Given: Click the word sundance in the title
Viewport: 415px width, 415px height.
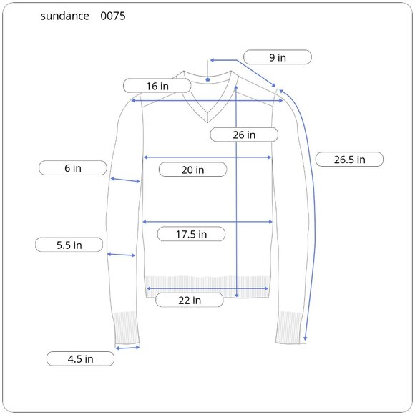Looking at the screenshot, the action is coord(64,16).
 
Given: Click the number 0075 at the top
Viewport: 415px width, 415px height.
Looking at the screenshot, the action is coord(113,16).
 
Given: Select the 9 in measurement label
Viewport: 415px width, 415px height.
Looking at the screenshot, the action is coord(278,57).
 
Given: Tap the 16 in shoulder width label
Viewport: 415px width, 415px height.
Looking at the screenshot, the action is coord(157,86).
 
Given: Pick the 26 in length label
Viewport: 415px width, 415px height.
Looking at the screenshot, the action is coord(244,135).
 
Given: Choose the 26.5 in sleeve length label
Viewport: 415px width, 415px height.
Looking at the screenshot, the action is coord(349,160).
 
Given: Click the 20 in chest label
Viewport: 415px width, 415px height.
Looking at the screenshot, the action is coord(192,170).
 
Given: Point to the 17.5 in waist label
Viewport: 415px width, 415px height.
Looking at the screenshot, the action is coord(191,234).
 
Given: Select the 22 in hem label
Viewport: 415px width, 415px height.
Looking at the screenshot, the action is coord(190,300).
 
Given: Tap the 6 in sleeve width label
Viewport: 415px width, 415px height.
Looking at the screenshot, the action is coord(73,168).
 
